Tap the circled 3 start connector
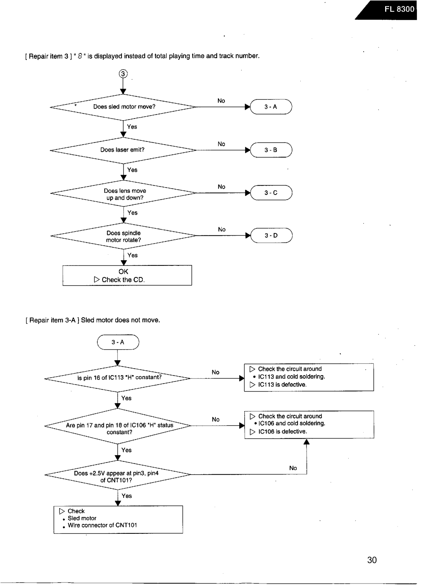(123, 74)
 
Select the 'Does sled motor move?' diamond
(123, 107)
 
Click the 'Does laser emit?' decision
(123, 150)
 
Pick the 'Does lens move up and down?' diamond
(123, 193)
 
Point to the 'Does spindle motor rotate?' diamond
(123, 236)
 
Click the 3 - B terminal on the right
(271, 150)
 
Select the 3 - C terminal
(271, 193)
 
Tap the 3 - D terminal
(271, 235)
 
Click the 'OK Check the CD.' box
(127, 276)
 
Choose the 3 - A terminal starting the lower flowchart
(118, 342)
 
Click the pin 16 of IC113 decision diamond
(118, 378)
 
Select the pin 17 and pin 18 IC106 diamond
(118, 426)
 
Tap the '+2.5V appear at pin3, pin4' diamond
(118, 475)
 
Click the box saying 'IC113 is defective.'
(309, 377)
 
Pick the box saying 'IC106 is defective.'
(309, 424)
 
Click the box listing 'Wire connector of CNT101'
(118, 520)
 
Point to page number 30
(372, 560)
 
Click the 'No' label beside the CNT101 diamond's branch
(293, 468)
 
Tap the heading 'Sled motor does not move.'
(120, 320)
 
